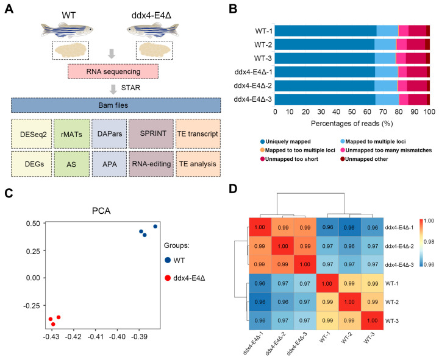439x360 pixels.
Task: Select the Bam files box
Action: [x=115, y=105]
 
